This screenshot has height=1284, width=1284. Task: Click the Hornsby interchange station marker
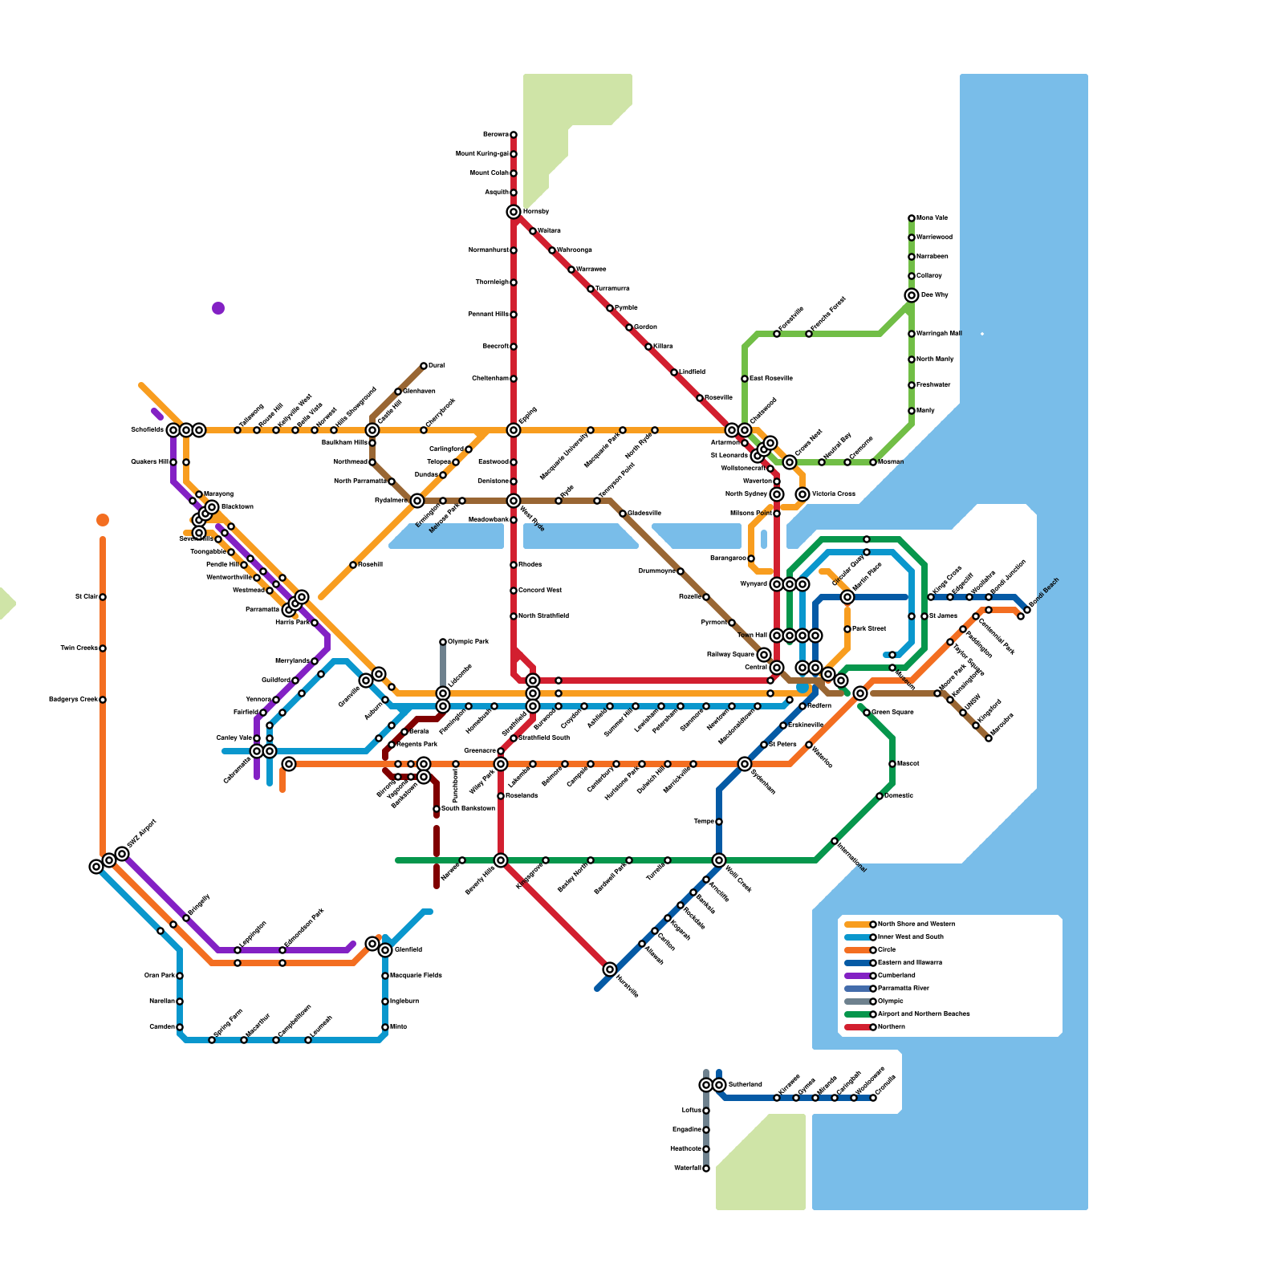514,212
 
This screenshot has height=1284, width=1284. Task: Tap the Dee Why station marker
912,295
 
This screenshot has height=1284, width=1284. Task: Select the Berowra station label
495,135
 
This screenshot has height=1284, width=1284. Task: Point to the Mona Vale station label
932,218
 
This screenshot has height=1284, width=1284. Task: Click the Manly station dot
912,411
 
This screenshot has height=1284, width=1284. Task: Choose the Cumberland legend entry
896,976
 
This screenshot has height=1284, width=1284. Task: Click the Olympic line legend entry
891,1002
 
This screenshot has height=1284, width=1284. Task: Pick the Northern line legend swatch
859,1027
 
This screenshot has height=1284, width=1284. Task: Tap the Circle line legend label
887,950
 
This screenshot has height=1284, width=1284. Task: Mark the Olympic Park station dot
443,642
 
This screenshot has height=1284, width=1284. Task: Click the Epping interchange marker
514,430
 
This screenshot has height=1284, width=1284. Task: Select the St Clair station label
86,597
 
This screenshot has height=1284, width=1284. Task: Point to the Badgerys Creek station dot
103,700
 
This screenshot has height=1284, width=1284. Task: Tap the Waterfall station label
688,1168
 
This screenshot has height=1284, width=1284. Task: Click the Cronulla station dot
873,1098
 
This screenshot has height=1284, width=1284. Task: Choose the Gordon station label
645,327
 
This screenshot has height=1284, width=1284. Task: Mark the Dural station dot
424,366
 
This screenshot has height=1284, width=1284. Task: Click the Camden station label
162,1027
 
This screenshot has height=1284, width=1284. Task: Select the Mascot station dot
892,764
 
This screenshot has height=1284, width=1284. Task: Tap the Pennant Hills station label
488,315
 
